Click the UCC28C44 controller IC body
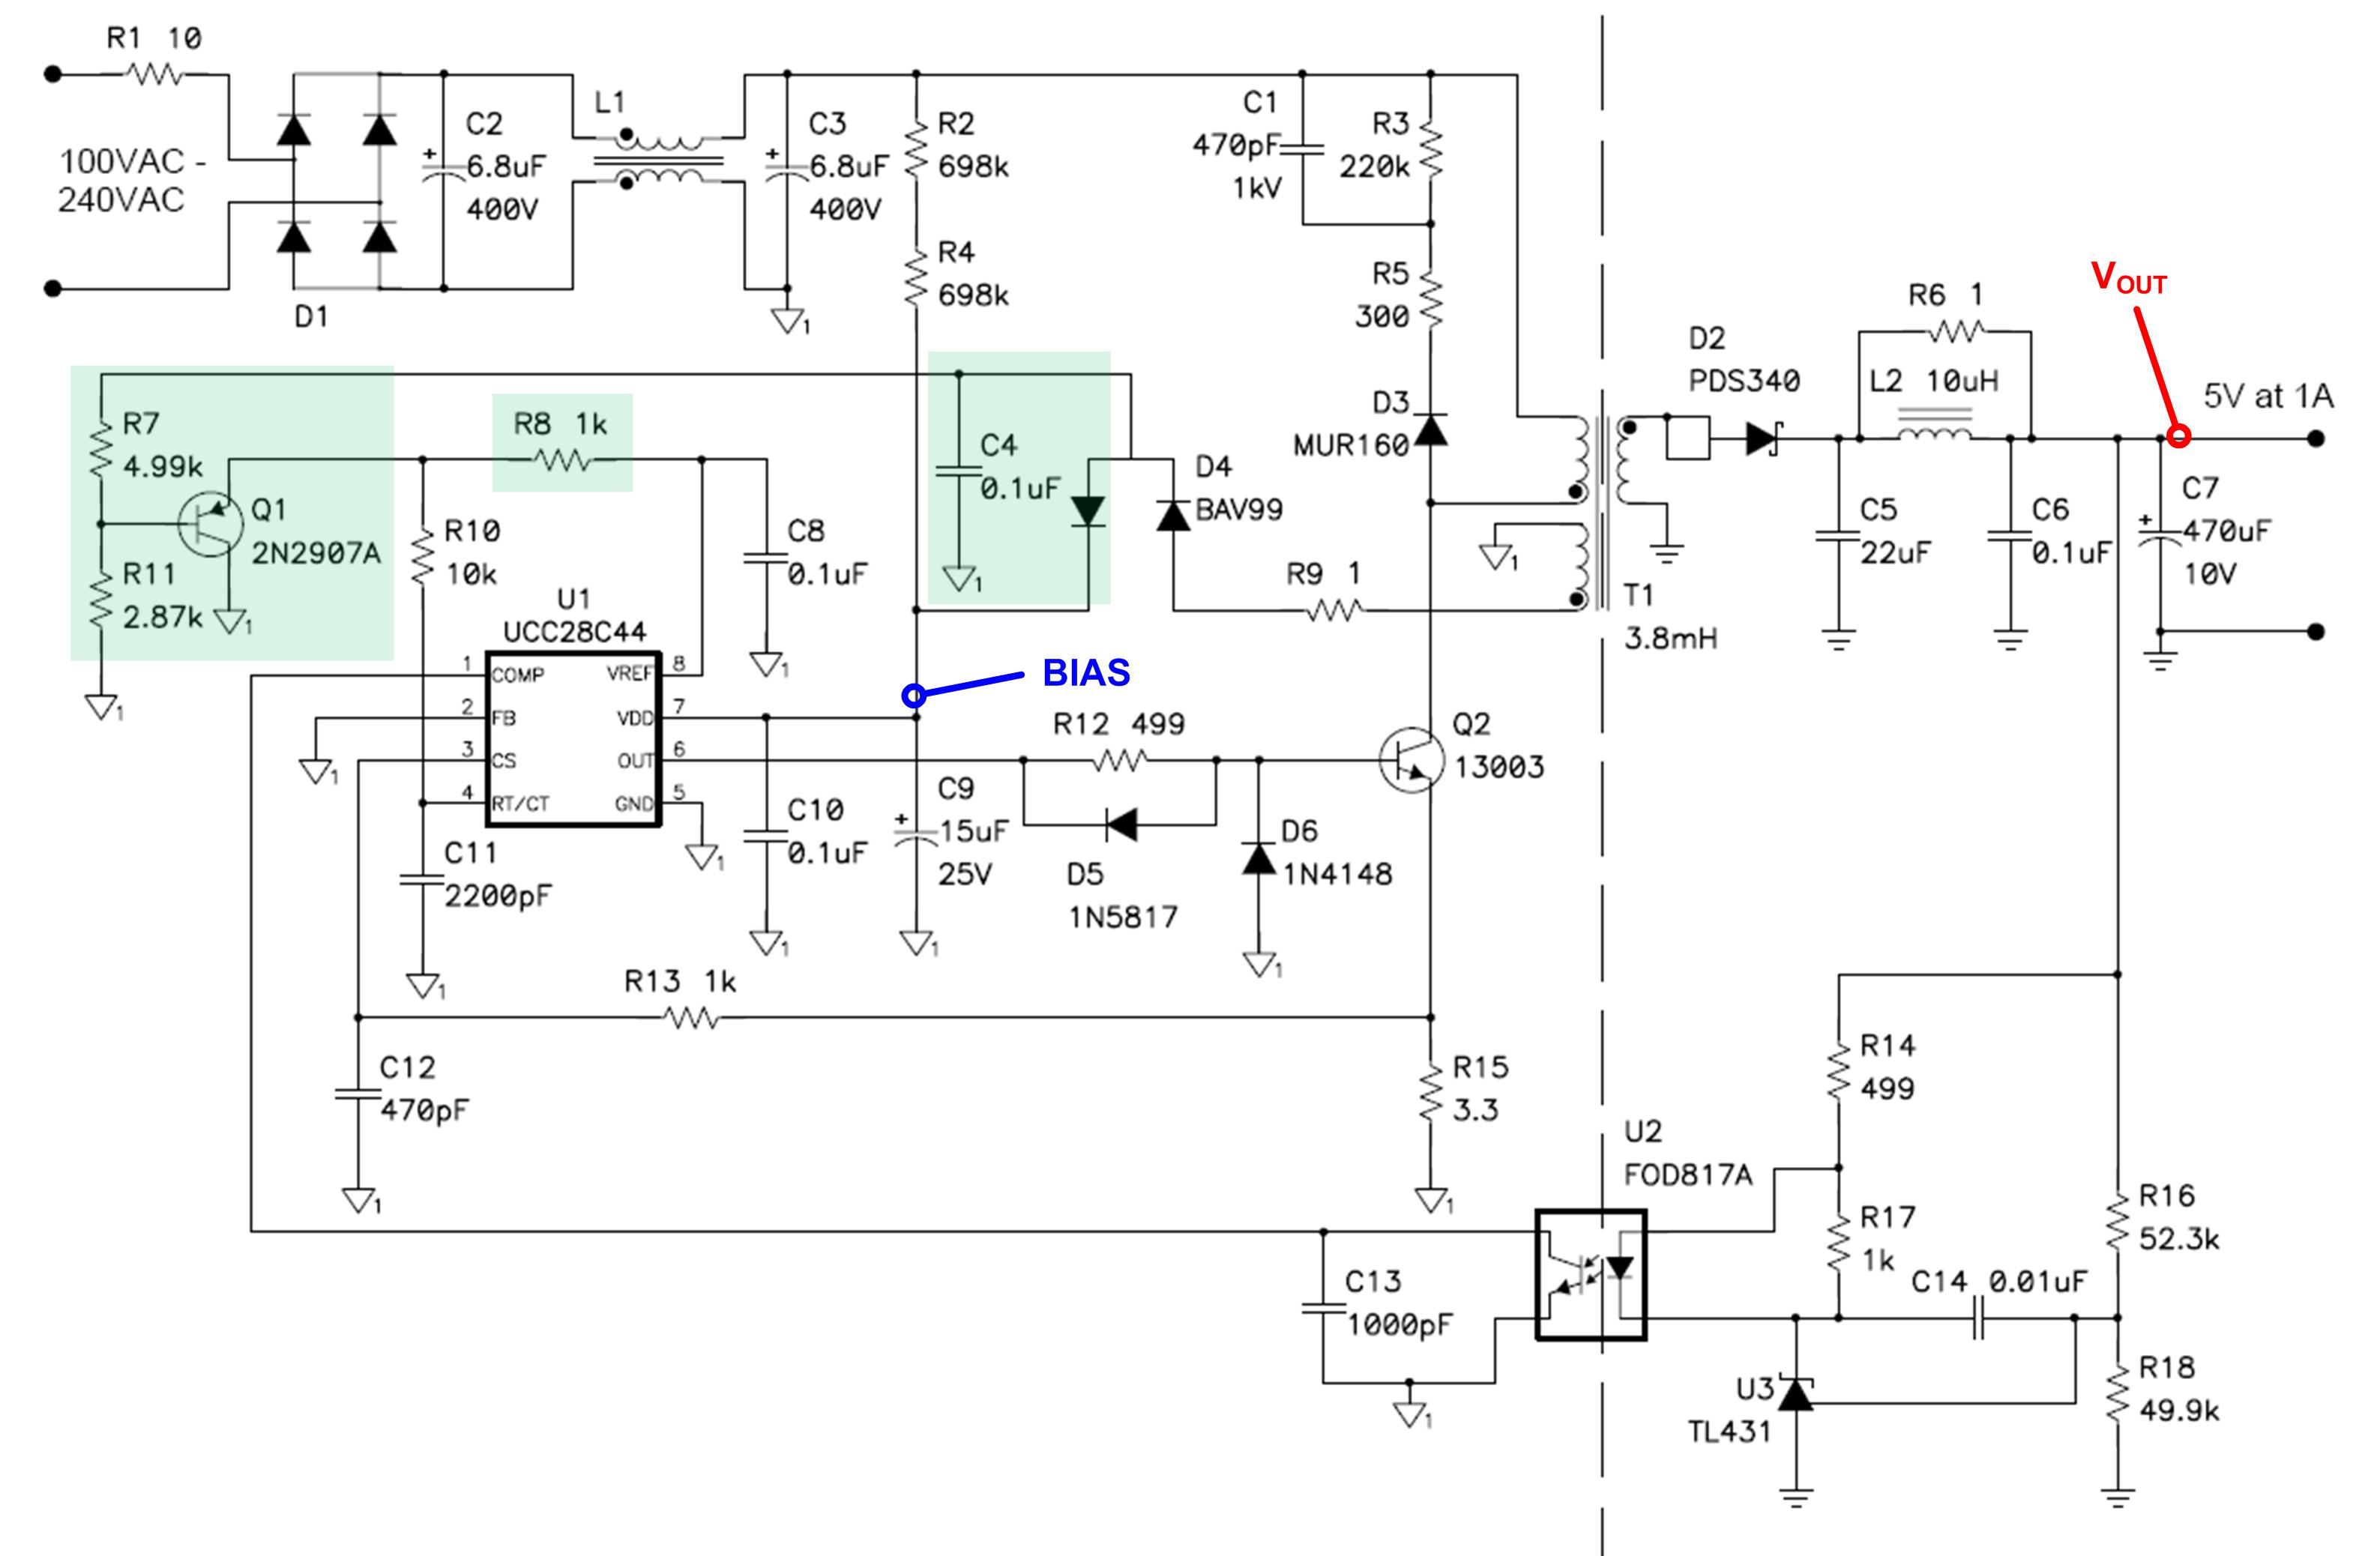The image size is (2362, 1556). point(573,738)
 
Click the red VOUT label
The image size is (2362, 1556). point(2128,279)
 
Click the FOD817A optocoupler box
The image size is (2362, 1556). point(1590,1274)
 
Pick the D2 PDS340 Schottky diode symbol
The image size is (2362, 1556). point(1762,438)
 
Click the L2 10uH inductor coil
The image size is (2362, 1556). point(1934,435)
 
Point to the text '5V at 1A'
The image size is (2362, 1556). point(2268,397)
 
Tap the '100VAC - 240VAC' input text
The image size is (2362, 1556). point(124,181)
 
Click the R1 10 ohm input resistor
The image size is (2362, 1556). point(156,73)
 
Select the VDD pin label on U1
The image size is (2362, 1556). point(634,717)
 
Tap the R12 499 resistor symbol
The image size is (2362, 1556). point(1119,761)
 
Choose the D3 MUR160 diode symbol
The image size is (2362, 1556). point(1430,429)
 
